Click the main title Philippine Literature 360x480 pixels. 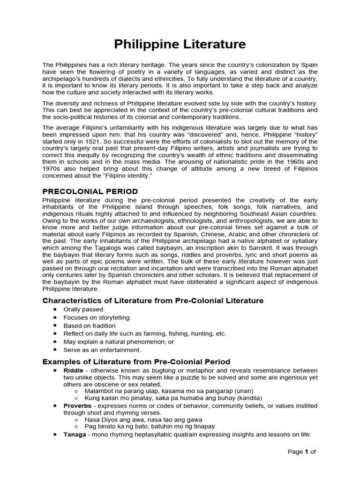(x=180, y=45)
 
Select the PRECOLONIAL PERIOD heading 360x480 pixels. (x=90, y=191)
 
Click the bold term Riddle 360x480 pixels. (x=73, y=370)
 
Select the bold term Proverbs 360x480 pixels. (x=77, y=405)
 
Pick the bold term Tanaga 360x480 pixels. (x=75, y=435)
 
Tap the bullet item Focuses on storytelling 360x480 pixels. (x=97, y=317)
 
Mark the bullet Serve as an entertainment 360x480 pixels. (x=102, y=350)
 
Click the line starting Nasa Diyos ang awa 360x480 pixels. (x=143, y=420)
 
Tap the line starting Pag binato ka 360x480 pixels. (x=150, y=427)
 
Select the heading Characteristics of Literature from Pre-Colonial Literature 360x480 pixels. (x=153, y=300)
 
